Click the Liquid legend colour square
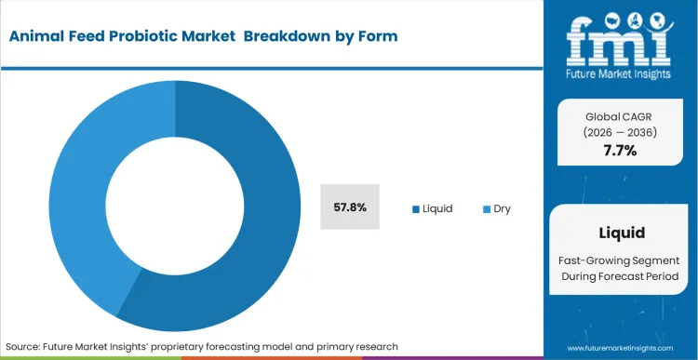coord(415,209)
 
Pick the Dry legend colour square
coord(485,209)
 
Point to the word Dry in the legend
coord(502,209)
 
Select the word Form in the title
coord(377,36)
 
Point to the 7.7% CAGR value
coord(619,151)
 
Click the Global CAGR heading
coord(619,115)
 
